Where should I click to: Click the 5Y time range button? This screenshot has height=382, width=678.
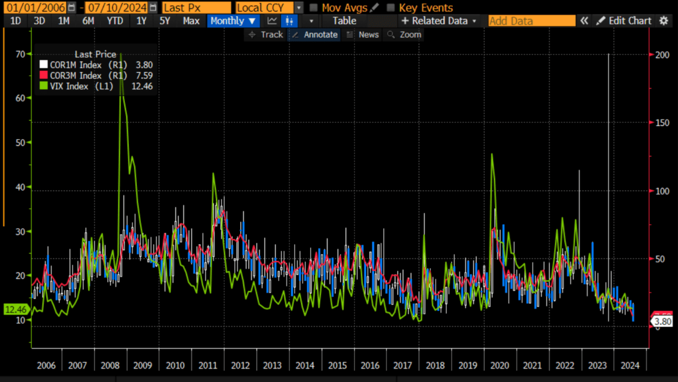tap(165, 21)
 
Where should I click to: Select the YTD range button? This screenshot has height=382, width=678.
tap(115, 21)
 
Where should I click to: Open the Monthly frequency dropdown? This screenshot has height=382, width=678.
tap(232, 21)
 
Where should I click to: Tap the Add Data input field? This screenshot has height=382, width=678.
tap(531, 21)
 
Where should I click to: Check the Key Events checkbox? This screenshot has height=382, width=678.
tap(391, 8)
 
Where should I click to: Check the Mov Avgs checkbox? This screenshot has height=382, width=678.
tap(314, 8)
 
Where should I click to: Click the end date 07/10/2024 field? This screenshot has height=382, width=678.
tap(117, 8)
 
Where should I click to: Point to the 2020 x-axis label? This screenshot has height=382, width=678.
tap(500, 365)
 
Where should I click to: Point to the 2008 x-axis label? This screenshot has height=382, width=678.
tap(110, 365)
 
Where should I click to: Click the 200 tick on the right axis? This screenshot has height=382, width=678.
tap(662, 54)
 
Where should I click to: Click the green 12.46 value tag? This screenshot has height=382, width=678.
tap(15, 309)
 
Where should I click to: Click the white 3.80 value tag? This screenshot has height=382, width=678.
tap(662, 322)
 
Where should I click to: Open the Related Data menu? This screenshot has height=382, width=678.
tap(439, 21)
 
